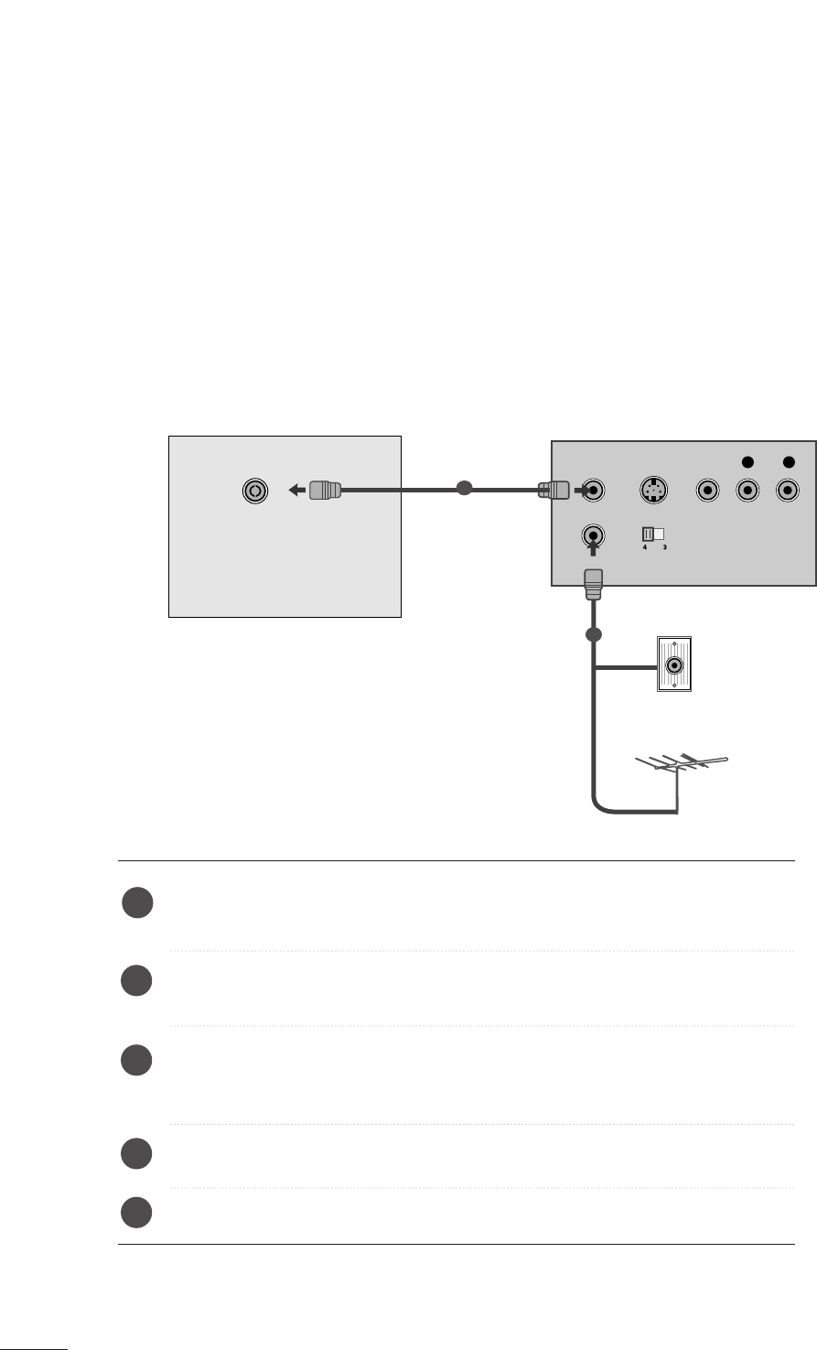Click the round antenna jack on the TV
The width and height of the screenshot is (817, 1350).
(255, 491)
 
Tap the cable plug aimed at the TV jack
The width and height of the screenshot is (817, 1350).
(323, 491)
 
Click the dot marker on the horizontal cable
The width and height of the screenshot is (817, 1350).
(464, 490)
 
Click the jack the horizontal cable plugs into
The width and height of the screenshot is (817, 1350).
(594, 490)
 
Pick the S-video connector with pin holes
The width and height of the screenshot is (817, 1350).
(650, 490)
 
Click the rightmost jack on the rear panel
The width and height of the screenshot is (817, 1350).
(787, 491)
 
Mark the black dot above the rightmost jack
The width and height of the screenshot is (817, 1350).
(787, 460)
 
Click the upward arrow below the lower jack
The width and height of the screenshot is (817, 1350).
(593, 552)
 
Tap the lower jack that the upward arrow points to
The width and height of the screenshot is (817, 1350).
(593, 534)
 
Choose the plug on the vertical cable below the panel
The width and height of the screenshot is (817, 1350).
(592, 583)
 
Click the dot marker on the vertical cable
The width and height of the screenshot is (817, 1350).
(593, 634)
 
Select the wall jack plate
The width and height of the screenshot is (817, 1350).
(674, 664)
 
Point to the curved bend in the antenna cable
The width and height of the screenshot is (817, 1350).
(600, 805)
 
